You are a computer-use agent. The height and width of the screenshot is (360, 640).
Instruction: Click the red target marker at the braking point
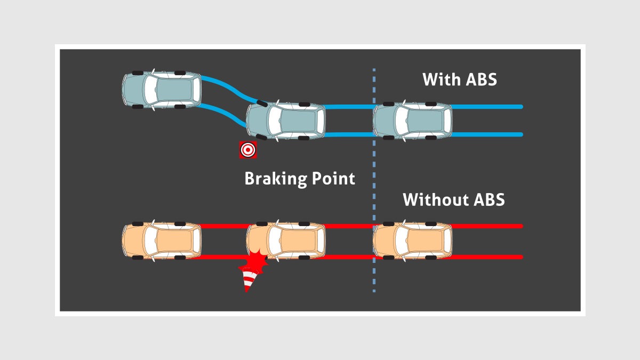pyautogui.click(x=247, y=150)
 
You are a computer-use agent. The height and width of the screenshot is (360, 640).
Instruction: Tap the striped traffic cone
pyautogui.click(x=249, y=280)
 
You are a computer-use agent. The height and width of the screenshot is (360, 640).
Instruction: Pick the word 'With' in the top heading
pyautogui.click(x=440, y=79)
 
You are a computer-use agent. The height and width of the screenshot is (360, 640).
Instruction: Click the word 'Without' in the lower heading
pyautogui.click(x=433, y=200)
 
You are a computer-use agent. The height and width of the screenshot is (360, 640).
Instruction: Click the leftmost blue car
pyautogui.click(x=162, y=89)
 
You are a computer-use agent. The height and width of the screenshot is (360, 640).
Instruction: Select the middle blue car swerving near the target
pyautogui.click(x=286, y=120)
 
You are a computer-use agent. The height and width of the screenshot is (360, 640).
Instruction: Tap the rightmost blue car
pyautogui.click(x=412, y=120)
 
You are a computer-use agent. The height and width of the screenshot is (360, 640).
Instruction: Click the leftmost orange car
pyautogui.click(x=162, y=241)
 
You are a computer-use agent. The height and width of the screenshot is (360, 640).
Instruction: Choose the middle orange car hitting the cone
pyautogui.click(x=286, y=241)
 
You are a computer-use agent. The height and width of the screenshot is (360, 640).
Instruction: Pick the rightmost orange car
pyautogui.click(x=412, y=241)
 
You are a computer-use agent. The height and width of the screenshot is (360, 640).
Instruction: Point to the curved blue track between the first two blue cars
pyautogui.click(x=227, y=88)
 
